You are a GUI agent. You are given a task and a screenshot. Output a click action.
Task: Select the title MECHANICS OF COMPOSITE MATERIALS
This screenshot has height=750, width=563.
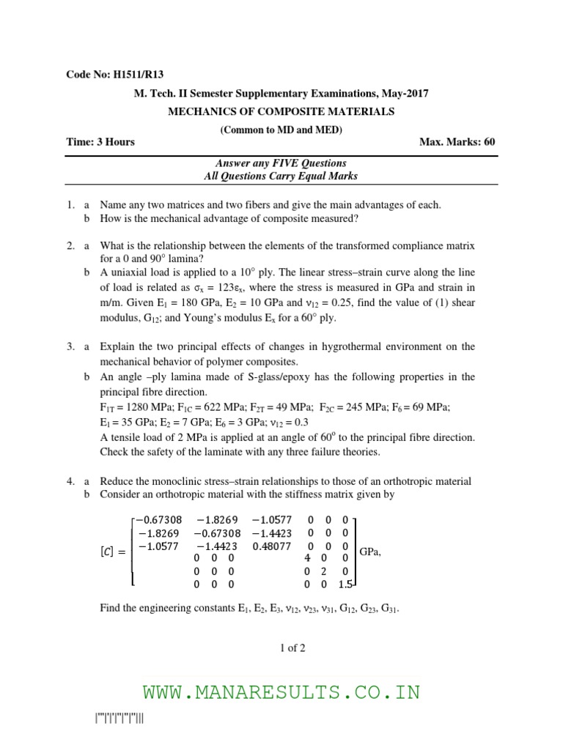click(x=281, y=111)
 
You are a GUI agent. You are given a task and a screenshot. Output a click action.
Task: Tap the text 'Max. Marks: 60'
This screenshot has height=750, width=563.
click(x=457, y=141)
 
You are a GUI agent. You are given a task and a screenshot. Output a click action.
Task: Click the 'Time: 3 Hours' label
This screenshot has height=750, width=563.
click(x=100, y=141)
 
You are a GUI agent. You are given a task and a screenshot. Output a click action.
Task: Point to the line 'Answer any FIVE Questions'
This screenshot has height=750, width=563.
click(x=281, y=163)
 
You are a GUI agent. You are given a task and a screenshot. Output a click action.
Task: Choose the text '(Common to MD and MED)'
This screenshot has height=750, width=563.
click(x=281, y=130)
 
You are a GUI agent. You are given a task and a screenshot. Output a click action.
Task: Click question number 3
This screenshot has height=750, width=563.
click(x=70, y=346)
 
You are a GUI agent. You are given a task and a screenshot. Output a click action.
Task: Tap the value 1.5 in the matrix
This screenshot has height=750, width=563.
click(x=346, y=585)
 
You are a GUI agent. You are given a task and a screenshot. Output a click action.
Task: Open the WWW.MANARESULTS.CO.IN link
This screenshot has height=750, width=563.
click(x=281, y=692)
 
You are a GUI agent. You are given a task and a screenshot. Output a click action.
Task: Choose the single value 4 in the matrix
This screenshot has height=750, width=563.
click(x=309, y=559)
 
